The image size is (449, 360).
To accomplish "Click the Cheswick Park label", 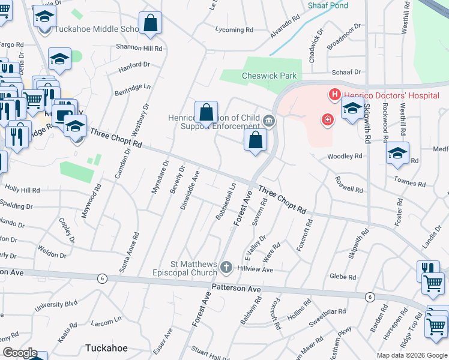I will coord(261,76).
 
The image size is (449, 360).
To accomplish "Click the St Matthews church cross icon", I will coord(226,266).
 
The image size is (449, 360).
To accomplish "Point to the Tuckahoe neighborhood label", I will coord(105,347).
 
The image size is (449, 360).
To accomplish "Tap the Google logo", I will coord(19,352).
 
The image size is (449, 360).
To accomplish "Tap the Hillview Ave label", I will coord(255,269).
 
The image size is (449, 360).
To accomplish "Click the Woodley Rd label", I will coord(345,156).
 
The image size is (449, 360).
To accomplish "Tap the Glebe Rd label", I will coord(343,277).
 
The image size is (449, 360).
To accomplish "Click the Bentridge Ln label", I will coord(133,88).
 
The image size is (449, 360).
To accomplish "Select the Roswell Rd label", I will coord(350,185).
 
